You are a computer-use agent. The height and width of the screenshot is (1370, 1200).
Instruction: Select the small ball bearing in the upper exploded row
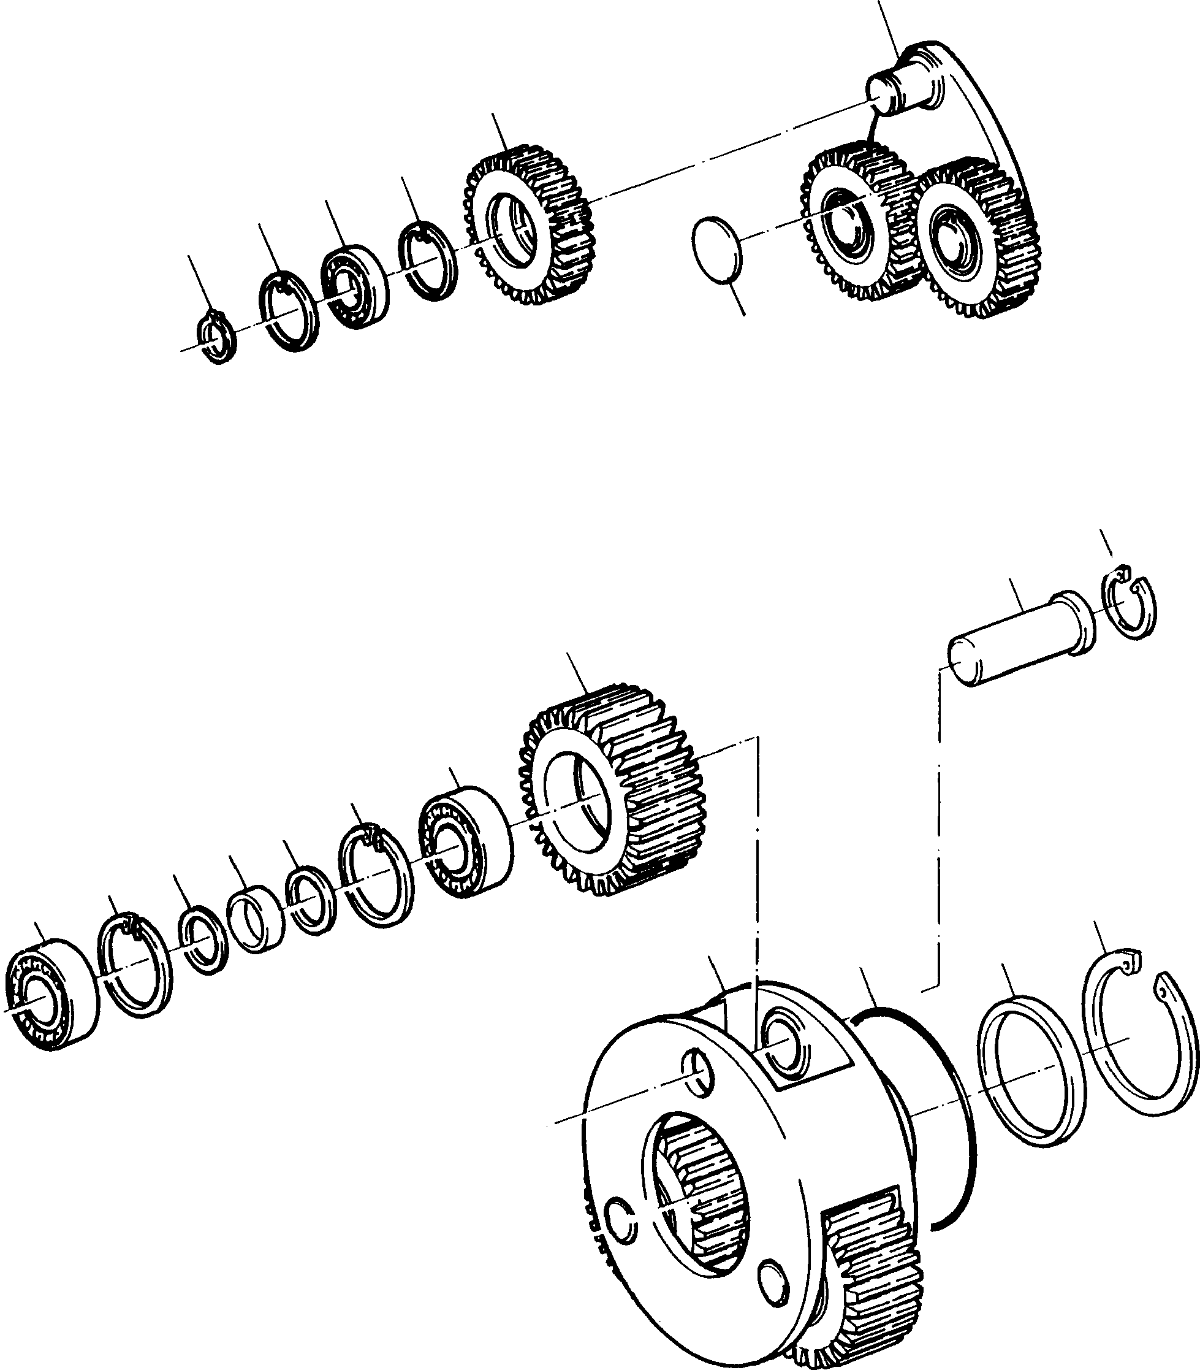click(x=354, y=286)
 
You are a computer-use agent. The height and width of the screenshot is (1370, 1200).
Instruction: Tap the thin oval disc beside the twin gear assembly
click(x=716, y=250)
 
